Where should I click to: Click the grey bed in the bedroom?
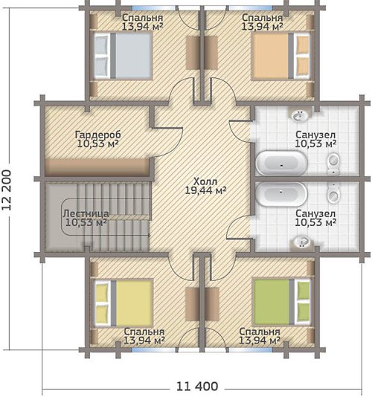coord(124,56)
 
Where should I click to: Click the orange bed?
coord(281,56)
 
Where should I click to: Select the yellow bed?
coord(124,303)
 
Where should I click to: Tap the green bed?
coord(282,302)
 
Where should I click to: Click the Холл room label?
coord(205,181)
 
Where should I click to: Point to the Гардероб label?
coord(98,135)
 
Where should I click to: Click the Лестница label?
coord(86,213)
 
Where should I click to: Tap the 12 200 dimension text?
coord(7,190)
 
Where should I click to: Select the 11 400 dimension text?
coord(197,387)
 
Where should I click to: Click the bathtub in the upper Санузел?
coord(281,163)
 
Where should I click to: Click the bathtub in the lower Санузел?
coord(281,194)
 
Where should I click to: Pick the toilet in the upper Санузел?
coord(333,163)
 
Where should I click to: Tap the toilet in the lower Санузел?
coord(333,194)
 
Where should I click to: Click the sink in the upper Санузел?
coord(300,116)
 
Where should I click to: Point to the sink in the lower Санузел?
coord(301,242)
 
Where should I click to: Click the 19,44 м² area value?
coord(205,190)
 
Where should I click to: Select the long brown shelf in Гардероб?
coord(97,167)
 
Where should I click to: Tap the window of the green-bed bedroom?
coord(251,350)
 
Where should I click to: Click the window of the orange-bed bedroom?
coord(251,8)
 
